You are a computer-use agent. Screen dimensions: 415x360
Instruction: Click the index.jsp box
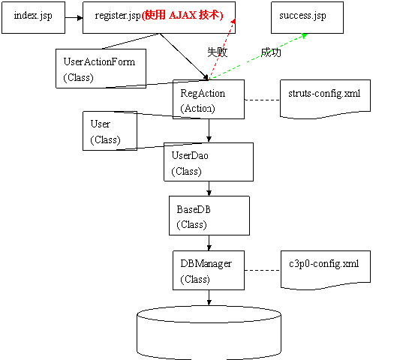tap(33, 17)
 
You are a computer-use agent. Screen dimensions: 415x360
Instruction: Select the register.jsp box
tap(159, 17)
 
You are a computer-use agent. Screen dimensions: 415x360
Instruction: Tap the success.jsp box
tap(307, 17)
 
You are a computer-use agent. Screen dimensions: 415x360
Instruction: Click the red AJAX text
tap(182, 15)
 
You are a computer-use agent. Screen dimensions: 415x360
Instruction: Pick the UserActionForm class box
tap(101, 68)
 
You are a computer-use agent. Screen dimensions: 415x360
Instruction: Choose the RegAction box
tap(209, 99)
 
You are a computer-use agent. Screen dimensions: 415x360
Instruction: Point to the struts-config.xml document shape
tap(325, 99)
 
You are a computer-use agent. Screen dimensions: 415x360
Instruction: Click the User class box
tap(110, 131)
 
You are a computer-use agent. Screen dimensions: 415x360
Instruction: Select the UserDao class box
tap(209, 162)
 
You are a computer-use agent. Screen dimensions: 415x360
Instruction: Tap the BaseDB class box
tap(209, 215)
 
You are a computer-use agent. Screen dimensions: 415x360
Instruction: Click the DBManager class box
tap(209, 270)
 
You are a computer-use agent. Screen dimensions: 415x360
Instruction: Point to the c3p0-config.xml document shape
tap(326, 270)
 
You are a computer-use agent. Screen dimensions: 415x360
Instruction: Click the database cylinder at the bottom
tap(209, 333)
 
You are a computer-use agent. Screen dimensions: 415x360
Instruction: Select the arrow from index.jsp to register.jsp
tap(74, 18)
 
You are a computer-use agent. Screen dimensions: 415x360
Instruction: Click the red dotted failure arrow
tap(222, 49)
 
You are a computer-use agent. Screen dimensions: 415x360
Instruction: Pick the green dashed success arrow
tap(258, 56)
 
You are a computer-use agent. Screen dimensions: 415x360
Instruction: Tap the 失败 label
tap(218, 52)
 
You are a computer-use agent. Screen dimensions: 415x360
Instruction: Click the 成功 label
tap(271, 52)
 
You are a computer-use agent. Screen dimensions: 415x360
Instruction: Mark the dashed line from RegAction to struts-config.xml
tap(263, 100)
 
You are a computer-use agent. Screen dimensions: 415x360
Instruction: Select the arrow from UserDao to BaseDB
tap(209, 188)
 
